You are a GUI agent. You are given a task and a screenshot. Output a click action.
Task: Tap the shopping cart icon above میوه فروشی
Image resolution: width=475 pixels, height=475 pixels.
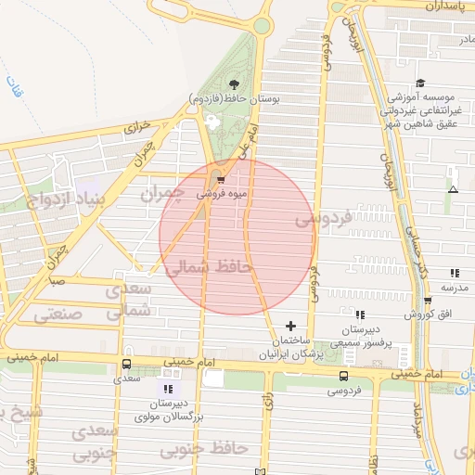click(219, 181)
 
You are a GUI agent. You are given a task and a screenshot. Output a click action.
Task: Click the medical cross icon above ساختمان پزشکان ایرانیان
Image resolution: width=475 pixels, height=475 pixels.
click(291, 326)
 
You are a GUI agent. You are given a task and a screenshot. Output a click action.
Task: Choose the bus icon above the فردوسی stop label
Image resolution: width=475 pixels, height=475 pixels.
click(344, 376)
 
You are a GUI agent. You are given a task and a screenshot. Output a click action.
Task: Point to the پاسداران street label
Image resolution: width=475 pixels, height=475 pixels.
click(448, 6)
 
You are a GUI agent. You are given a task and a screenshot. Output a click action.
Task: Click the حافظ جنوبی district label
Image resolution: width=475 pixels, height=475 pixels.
click(206, 449)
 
